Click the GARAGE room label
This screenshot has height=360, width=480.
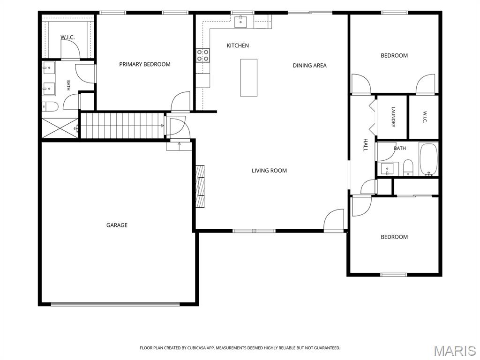[x=117, y=225]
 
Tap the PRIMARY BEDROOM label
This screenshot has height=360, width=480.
[x=145, y=64]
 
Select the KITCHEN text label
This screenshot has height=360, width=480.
[x=238, y=45]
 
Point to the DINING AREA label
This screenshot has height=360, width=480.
[x=309, y=66]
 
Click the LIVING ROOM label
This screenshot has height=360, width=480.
[x=269, y=171]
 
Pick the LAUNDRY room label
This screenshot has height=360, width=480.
[x=393, y=117]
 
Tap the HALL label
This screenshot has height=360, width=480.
[x=365, y=145]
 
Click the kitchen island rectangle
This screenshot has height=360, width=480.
[x=248, y=78]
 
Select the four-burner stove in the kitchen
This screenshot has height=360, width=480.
[x=202, y=55]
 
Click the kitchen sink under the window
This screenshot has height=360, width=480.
[x=241, y=22]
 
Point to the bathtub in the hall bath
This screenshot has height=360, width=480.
[x=428, y=159]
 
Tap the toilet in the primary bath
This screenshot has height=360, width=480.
[x=50, y=106]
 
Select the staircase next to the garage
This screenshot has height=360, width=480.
[x=122, y=126]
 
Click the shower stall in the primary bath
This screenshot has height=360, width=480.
[x=60, y=128]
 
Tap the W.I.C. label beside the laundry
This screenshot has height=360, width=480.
[x=425, y=117]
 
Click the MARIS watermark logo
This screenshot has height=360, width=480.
[x=455, y=351]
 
